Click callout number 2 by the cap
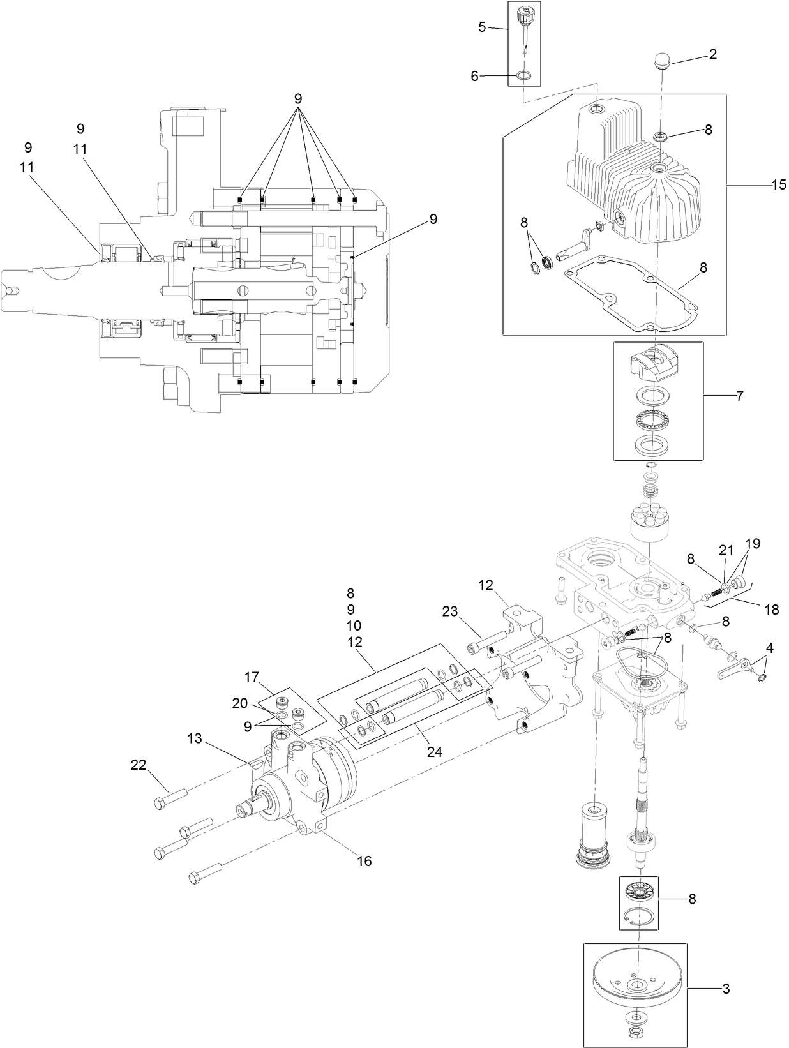[x=712, y=54]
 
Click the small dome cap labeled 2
[x=661, y=63]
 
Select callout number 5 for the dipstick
[x=483, y=27]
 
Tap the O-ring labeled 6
[x=523, y=76]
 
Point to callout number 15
[x=779, y=185]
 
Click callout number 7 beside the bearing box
[x=739, y=396]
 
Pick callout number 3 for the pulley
[x=726, y=989]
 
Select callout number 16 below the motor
[x=364, y=861]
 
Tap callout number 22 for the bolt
[x=139, y=764]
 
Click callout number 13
[x=195, y=738]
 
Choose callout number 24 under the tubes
[x=435, y=751]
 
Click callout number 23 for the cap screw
[x=450, y=611]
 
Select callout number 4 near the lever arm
[x=769, y=648]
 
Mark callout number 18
[x=771, y=610]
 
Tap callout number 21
[x=726, y=550]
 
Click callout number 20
[x=239, y=703]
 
